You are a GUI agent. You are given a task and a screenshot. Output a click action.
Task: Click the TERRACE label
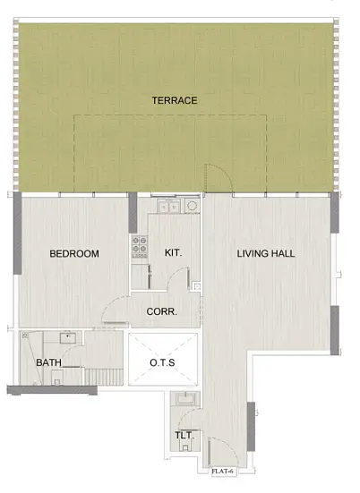coord(175,100)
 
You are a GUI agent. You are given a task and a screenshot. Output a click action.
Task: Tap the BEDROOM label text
coord(74,253)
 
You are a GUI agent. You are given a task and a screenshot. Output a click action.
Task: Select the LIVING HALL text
coord(266,253)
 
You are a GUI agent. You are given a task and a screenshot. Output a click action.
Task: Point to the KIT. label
coord(173,252)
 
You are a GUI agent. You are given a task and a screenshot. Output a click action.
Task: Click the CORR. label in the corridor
coord(162,311)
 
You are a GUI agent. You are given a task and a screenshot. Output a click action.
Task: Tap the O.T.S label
coord(162,362)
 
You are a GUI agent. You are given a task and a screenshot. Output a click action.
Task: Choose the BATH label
coord(48,362)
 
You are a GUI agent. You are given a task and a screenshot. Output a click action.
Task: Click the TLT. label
coord(184,436)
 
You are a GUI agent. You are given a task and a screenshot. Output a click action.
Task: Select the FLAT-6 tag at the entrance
coord(223,472)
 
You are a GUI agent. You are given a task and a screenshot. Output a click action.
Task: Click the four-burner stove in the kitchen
coord(140,245)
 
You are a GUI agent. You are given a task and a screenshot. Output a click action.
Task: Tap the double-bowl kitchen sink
coord(168,206)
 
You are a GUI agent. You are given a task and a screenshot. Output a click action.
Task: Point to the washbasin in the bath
coord(68,337)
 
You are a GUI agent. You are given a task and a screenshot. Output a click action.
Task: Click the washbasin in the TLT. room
coord(185,399)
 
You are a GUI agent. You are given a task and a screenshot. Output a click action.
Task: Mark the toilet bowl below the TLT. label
coord(185,446)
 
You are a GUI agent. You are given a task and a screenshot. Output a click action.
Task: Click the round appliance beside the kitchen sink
coord(192,206)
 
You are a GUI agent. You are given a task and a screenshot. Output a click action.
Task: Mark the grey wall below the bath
coord(52,390)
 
